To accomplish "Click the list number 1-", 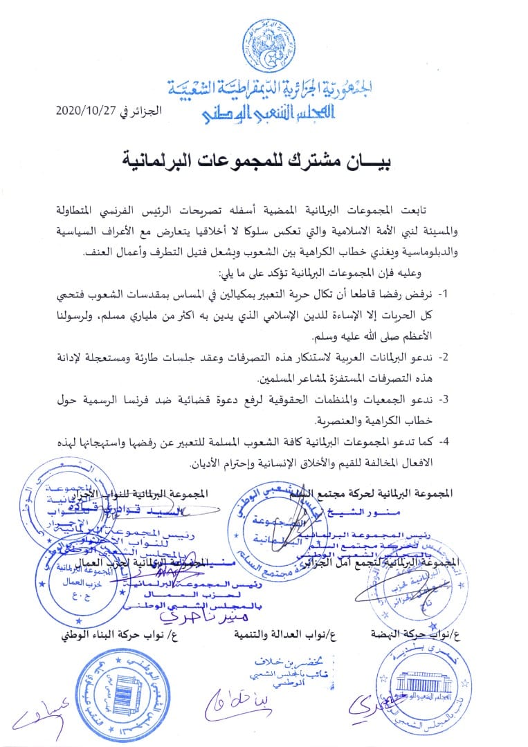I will pos(445,294).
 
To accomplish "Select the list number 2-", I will pos(445,358).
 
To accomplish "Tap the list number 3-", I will pos(445,400).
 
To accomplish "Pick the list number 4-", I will pos(445,442).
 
